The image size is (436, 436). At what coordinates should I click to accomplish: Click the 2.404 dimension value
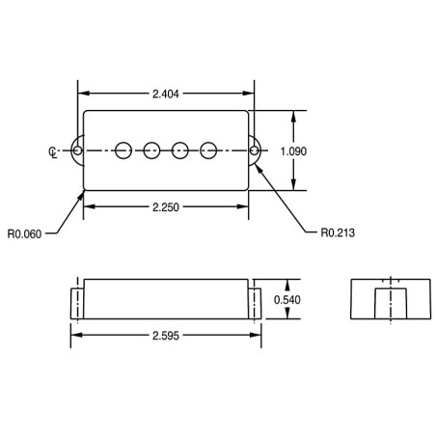[x=166, y=94]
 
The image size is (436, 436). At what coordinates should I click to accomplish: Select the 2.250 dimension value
[x=166, y=207]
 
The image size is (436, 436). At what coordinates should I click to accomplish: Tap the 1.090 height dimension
[x=293, y=151]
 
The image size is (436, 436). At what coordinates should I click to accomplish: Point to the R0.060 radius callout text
[x=24, y=233]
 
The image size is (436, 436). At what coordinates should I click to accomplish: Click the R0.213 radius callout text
[x=338, y=232]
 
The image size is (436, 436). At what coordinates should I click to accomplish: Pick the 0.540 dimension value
[x=287, y=300]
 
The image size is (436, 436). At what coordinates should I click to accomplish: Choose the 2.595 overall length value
[x=166, y=336]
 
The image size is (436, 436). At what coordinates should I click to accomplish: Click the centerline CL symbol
[x=53, y=152]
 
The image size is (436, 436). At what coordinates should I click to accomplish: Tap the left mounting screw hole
[x=77, y=150]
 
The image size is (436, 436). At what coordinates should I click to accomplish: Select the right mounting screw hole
[x=254, y=150]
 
